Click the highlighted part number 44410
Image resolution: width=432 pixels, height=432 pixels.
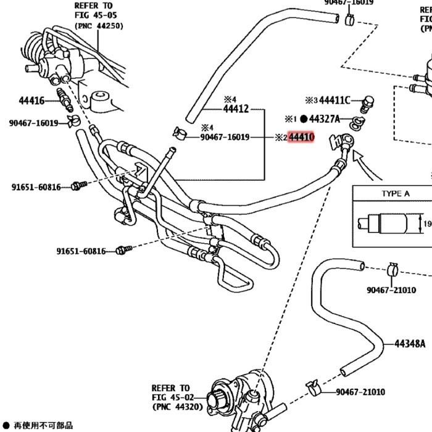[302, 137]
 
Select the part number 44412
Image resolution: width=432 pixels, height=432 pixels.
[235, 109]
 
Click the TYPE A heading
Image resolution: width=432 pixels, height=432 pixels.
[395, 194]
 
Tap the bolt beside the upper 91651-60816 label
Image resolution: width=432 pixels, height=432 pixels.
[78, 185]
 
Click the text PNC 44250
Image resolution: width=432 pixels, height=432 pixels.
[99, 26]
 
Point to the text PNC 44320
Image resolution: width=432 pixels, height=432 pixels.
[176, 407]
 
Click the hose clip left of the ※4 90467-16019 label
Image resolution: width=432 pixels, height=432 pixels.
[179, 133]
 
